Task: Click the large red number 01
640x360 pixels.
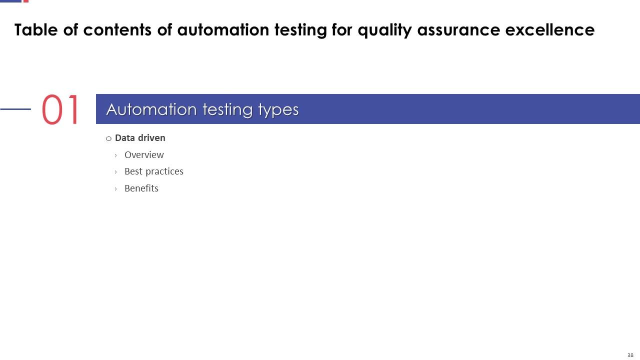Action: (x=60, y=110)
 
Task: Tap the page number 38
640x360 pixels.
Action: (x=630, y=355)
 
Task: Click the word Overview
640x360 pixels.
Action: (x=144, y=155)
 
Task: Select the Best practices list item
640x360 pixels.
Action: (x=153, y=171)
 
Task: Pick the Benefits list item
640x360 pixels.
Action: (x=141, y=188)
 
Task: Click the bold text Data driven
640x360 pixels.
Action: (x=140, y=138)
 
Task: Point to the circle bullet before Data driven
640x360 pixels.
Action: (x=108, y=138)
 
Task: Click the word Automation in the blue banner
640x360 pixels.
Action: (x=151, y=109)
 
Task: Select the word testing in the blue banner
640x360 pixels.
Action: (x=227, y=110)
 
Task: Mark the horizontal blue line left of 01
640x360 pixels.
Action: (x=15, y=109)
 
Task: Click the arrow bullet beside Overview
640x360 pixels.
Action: (x=116, y=155)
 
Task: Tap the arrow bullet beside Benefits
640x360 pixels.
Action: (x=116, y=189)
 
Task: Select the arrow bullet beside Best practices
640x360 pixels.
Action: (x=116, y=172)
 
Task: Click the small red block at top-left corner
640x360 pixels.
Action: (x=26, y=1)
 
